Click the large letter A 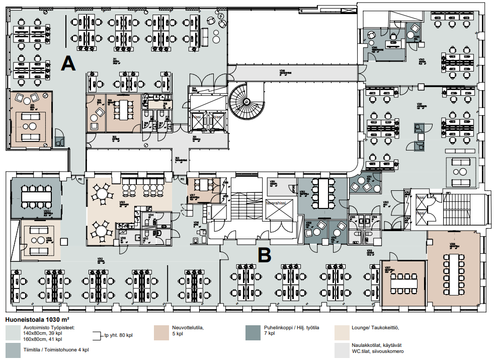68,63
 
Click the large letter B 265,255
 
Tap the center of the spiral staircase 246,102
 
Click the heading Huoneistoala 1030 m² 36,319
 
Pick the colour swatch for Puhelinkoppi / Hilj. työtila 253,332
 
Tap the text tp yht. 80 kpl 118,335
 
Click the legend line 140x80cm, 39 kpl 43,333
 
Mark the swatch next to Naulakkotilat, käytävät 343,349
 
